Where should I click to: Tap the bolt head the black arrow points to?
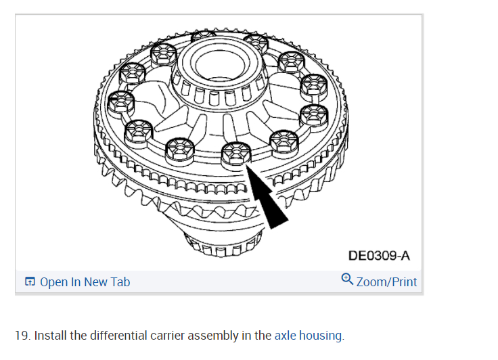(x=234, y=155)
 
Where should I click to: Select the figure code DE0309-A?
(x=379, y=256)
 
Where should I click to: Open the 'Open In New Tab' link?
(x=85, y=282)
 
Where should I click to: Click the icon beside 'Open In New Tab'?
(x=30, y=282)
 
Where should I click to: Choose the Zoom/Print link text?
(x=386, y=282)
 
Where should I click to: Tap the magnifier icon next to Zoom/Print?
(x=348, y=279)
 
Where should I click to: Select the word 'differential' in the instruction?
(x=108, y=335)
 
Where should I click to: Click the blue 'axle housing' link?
(x=309, y=335)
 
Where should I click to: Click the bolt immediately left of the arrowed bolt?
(x=180, y=149)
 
